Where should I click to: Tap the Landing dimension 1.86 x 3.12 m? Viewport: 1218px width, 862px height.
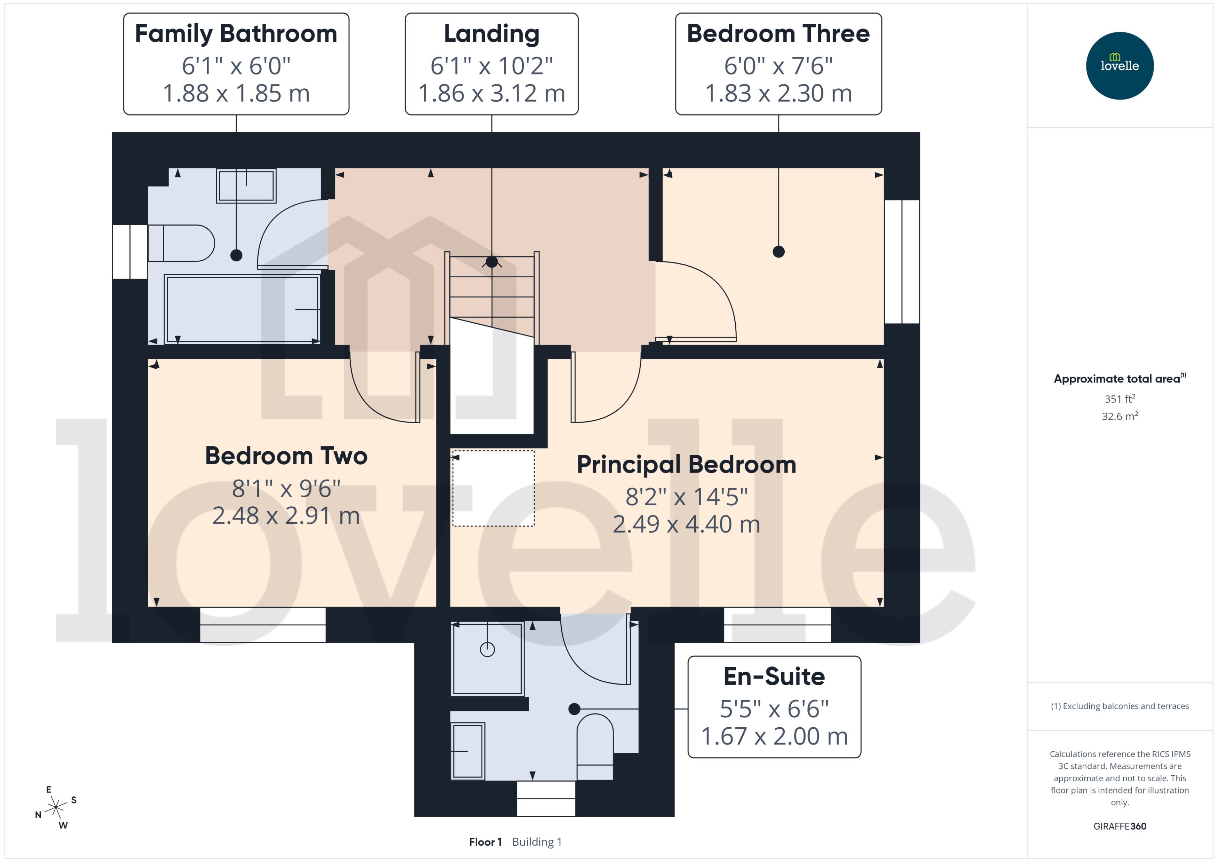coord(491,93)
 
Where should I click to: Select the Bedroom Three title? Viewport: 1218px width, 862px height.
coord(778,34)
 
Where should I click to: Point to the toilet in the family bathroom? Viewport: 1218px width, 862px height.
coord(181,243)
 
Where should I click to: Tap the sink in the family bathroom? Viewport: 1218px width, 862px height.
coord(246,186)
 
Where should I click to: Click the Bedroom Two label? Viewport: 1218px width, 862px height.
coord(286,456)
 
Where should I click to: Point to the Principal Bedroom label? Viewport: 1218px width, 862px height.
coord(686,465)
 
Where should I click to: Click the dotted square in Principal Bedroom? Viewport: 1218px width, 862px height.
coord(493,488)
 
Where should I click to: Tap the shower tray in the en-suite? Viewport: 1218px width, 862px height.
coord(487,658)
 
